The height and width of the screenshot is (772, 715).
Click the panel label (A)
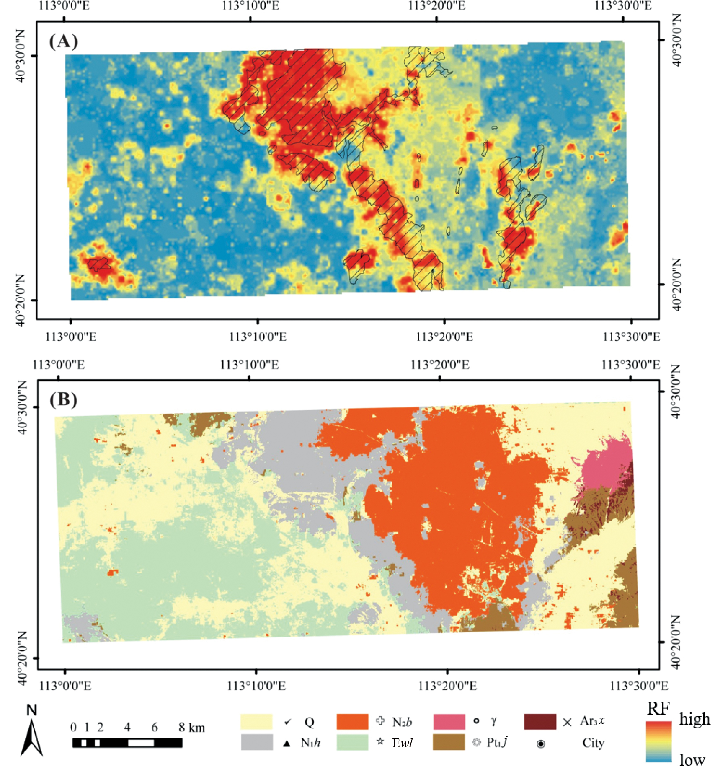(64, 41)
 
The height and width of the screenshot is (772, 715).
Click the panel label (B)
(64, 399)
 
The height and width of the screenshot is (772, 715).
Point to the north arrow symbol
(32, 738)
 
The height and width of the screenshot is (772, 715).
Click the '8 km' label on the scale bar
(191, 727)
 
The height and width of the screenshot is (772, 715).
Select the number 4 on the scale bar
(127, 727)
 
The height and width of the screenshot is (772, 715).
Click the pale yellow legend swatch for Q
(256, 722)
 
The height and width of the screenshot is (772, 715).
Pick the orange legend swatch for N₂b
(352, 722)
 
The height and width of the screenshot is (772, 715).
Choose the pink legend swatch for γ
(449, 722)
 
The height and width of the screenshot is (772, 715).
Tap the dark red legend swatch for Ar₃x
(540, 722)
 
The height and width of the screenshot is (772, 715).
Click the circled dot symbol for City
(541, 744)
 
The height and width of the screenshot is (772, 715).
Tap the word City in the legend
(593, 743)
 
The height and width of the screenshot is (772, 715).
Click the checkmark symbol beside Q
(287, 722)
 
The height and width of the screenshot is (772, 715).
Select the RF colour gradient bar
(658, 741)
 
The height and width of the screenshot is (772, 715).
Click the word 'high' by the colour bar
(694, 719)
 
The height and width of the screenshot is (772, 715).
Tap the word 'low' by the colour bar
(692, 759)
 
